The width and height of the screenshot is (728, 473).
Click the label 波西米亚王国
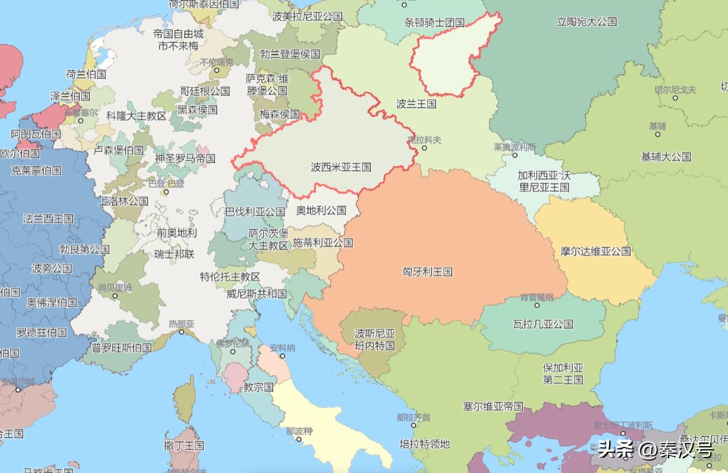(341, 167)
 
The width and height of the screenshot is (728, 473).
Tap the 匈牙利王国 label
(427, 272)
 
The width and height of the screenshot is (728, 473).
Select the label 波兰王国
(416, 104)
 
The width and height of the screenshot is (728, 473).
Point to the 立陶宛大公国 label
(587, 21)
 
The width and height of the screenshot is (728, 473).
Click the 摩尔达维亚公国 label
(596, 251)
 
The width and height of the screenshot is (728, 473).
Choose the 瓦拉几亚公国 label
(543, 324)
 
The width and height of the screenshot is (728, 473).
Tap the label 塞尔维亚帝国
(493, 406)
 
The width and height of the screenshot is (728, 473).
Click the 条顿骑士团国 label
(435, 22)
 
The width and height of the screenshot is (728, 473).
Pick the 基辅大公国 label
(666, 157)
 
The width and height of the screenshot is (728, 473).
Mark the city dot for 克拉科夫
(424, 148)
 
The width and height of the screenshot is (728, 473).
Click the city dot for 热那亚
(181, 332)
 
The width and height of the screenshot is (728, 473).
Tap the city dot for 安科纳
(282, 356)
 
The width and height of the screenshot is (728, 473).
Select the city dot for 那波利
(299, 439)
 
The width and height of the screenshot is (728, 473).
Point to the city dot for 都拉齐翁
(413, 425)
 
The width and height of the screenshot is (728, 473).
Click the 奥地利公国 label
(321, 210)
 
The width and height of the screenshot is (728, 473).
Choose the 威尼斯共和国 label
(256, 293)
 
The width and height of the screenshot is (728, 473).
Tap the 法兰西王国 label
(48, 218)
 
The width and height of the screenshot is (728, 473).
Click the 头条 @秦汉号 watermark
(655, 449)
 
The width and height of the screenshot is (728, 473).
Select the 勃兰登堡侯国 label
(290, 54)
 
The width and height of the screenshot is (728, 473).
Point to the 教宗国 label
(259, 387)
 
